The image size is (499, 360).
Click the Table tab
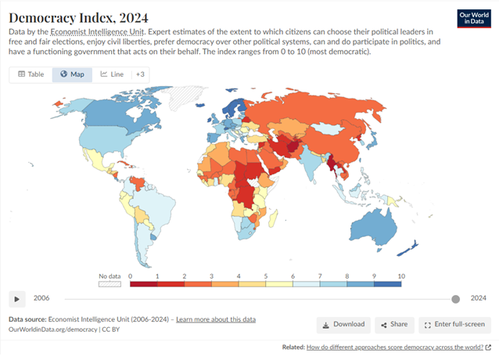point(31,74)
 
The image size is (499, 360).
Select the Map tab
point(72,74)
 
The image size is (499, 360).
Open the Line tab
point(112,74)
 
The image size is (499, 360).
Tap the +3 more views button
point(140,74)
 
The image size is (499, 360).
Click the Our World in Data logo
point(474,19)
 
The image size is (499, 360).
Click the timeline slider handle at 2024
point(455,299)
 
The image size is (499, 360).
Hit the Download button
point(343,325)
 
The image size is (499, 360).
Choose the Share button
point(394,325)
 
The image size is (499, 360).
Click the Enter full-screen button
point(454,325)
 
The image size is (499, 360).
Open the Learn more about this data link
point(216,319)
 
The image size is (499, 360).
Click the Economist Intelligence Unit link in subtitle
point(97,32)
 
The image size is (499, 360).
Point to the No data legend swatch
point(109,284)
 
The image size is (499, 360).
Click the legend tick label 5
point(265,276)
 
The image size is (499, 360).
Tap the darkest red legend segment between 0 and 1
point(144,284)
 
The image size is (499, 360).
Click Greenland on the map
point(185,96)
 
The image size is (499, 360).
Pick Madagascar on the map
point(273,218)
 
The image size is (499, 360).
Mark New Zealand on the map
point(407,249)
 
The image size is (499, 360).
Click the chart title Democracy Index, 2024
point(78,18)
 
